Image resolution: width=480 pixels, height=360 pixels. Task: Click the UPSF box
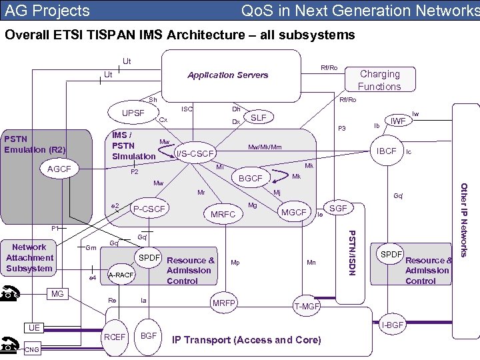[x=133, y=113]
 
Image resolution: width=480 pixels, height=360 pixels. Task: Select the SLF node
[x=258, y=117]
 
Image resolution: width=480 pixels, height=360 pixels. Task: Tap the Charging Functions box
[x=379, y=80]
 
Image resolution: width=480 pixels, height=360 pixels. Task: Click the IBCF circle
[x=387, y=151]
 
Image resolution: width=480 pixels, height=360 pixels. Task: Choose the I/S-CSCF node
[x=195, y=154]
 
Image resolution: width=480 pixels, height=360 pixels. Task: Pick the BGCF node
[x=251, y=178]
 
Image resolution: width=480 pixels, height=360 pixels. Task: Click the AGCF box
[x=59, y=169]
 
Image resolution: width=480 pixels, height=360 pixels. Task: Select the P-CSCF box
[x=149, y=209]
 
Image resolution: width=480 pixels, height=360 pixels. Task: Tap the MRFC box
[x=223, y=215]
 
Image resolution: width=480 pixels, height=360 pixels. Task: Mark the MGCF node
[x=293, y=213]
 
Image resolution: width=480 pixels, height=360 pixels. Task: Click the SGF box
[x=339, y=209]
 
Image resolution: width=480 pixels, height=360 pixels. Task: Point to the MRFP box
[x=224, y=303]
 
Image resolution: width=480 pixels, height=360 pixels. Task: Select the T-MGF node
[x=307, y=306]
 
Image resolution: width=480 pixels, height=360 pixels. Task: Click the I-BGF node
[x=393, y=325]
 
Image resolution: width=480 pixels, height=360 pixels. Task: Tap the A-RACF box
[x=121, y=274]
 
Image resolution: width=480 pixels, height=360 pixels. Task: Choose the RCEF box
[x=115, y=337]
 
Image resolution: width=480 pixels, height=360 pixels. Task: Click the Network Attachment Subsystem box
[x=29, y=258]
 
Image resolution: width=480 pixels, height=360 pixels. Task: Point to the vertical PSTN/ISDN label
[x=353, y=254]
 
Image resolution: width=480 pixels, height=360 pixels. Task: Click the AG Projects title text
[x=47, y=11]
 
